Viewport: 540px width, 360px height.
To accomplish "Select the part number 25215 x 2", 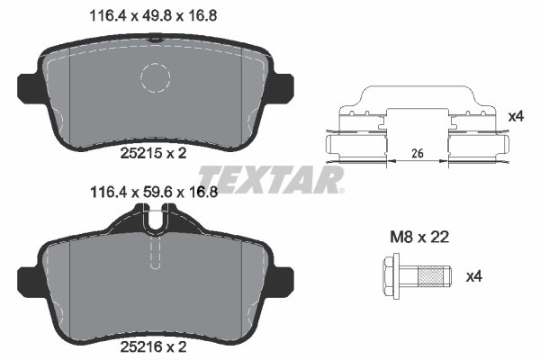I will point(152,153).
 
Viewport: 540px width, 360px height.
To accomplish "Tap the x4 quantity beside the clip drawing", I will point(515,116).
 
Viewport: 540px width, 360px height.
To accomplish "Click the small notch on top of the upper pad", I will point(155,39).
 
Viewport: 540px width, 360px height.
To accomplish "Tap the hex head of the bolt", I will point(391,277).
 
